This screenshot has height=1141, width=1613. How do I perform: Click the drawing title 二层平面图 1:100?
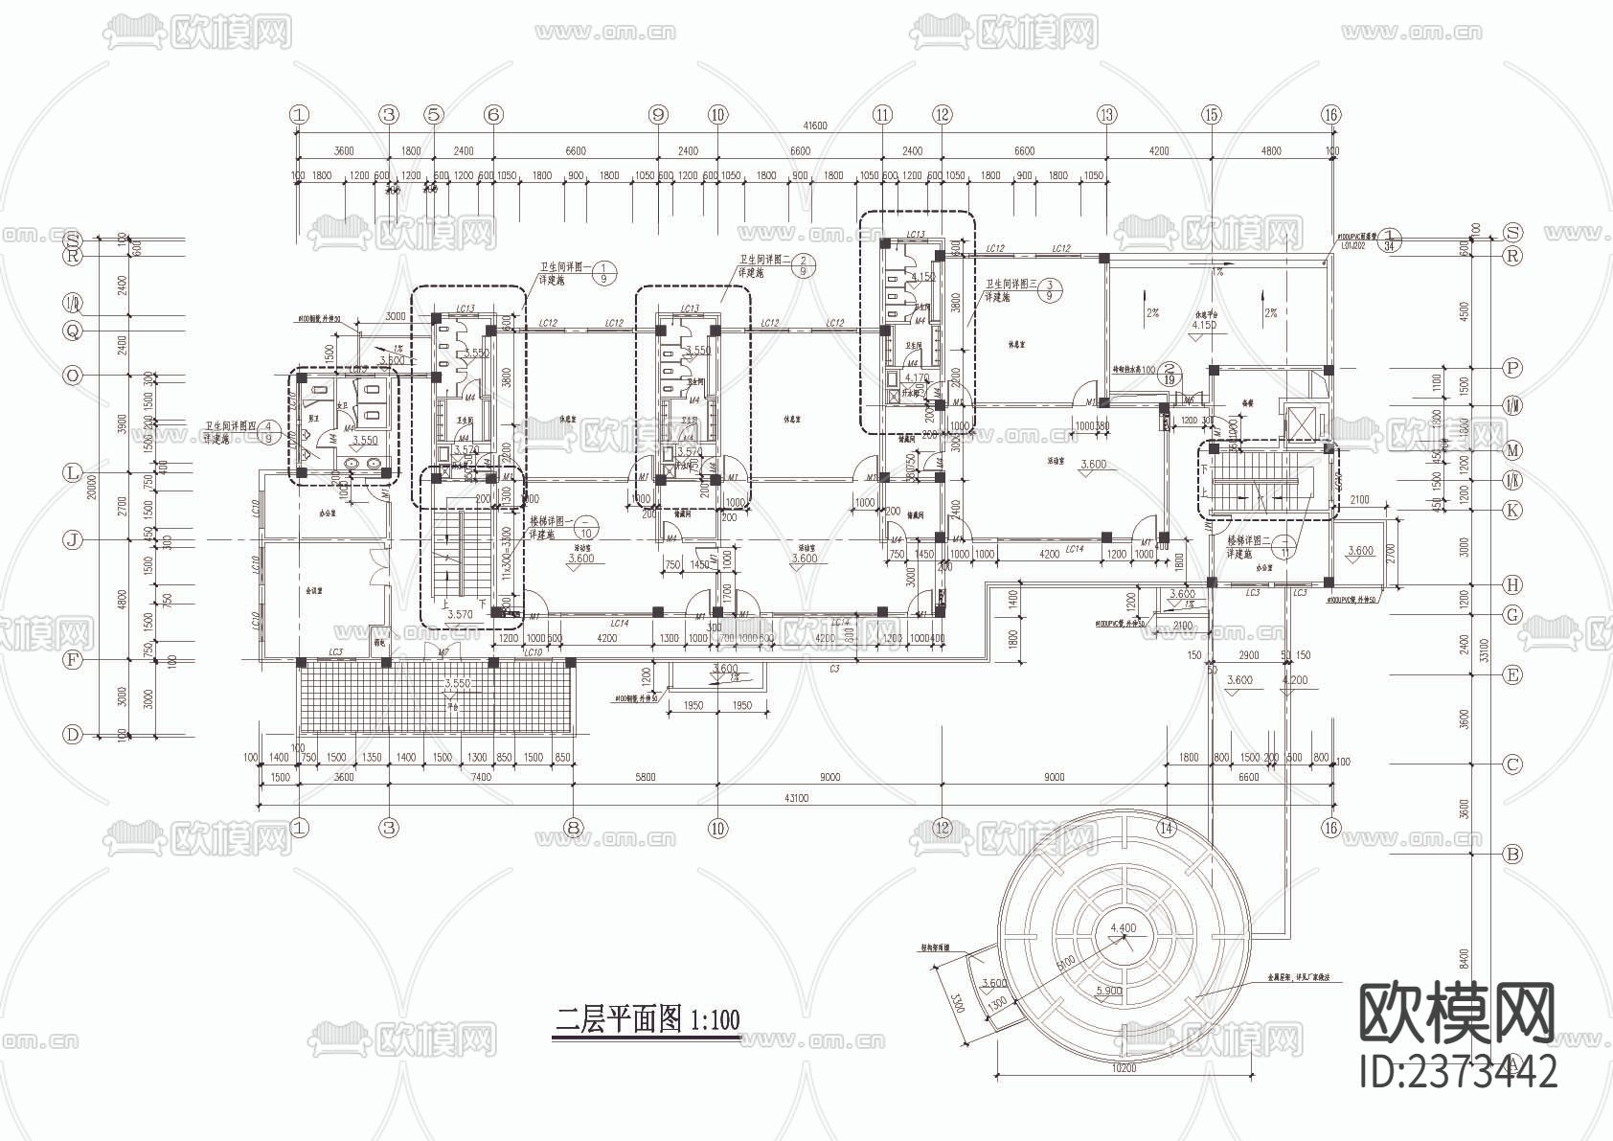[648, 1018]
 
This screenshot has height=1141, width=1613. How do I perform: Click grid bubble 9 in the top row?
[657, 114]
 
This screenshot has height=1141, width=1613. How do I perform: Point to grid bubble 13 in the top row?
[1107, 114]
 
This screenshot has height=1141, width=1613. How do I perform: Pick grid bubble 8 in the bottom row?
[573, 828]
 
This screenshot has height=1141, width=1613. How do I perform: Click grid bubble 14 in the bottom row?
[1166, 828]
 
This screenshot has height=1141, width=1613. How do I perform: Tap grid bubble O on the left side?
[73, 376]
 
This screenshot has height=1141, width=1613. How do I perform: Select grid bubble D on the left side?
[73, 735]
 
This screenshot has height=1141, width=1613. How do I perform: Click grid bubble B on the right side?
[1512, 854]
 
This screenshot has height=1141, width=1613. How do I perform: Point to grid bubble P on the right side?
[1512, 368]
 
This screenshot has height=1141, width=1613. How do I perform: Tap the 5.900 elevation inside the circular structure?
[1108, 991]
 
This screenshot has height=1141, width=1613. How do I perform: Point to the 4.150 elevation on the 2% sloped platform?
[1204, 326]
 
